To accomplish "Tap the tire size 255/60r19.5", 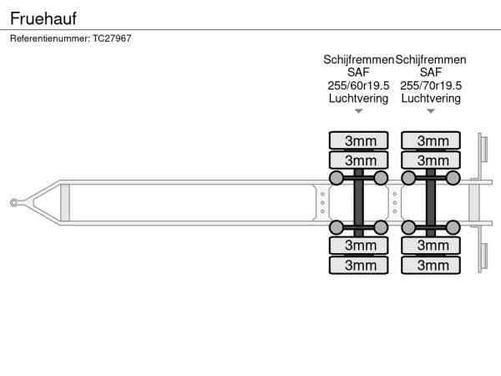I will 359,85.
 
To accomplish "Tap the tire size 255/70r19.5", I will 431,85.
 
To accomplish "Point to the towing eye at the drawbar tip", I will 15,201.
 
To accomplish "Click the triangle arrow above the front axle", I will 359,111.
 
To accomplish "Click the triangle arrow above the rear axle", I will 431,111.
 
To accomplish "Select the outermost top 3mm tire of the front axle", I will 359,140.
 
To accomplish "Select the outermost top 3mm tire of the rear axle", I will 431,140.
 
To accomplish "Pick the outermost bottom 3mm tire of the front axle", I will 359,265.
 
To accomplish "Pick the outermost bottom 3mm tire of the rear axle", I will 431,265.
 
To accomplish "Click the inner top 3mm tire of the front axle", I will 359,160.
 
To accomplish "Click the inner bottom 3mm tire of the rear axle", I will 431,245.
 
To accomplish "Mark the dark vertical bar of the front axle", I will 359,202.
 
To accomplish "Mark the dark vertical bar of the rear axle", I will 431,202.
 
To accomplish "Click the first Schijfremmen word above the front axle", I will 358,60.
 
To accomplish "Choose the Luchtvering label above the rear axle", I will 431,98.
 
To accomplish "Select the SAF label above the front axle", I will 359,73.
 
